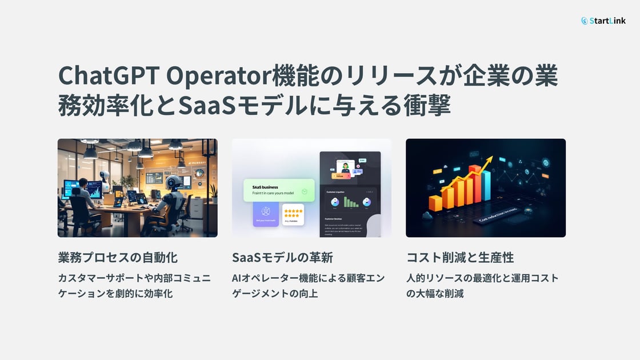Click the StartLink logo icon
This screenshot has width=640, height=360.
click(x=585, y=21)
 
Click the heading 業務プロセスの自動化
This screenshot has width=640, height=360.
click(x=122, y=257)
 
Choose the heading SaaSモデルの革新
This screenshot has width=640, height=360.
click(x=282, y=257)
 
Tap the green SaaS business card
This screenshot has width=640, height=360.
click(x=279, y=190)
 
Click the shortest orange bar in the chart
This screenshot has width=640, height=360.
click(x=435, y=203)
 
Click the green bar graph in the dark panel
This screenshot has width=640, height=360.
click(x=350, y=202)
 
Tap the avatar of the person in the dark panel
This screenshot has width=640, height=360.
click(x=345, y=167)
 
